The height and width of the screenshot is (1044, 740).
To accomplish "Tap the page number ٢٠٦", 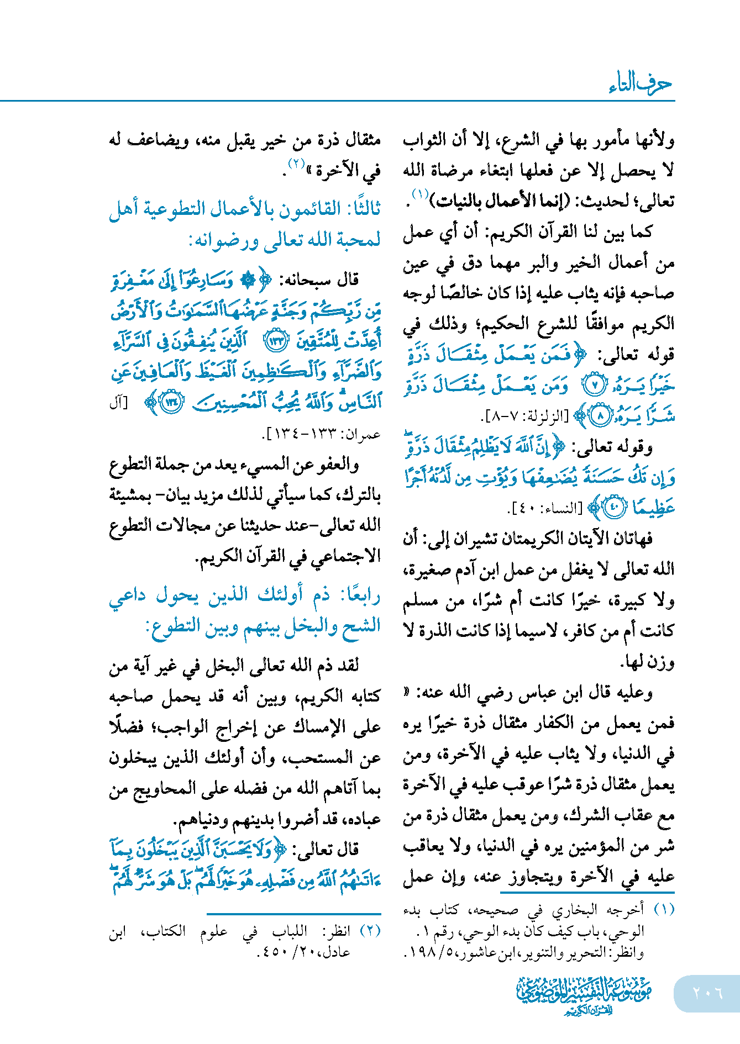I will (707, 993).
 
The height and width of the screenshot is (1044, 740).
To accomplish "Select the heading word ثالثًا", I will (363, 209).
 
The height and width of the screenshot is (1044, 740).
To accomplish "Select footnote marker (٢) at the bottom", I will (370, 931).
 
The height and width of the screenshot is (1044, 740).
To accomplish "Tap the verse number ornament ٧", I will (595, 386).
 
